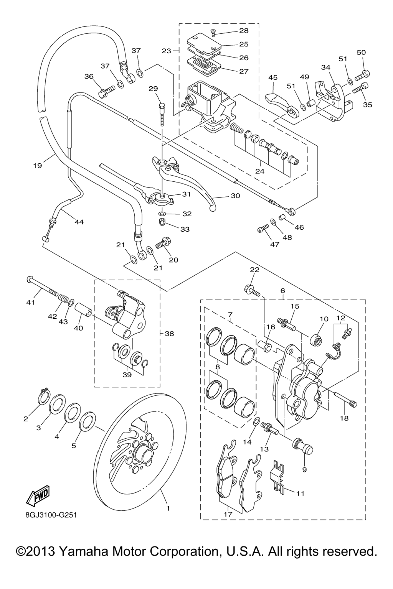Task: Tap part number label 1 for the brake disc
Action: click(167, 508)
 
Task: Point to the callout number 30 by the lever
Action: click(235, 196)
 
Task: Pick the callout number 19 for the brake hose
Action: click(37, 166)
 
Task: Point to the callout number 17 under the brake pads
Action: click(228, 514)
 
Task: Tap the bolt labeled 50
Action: click(362, 74)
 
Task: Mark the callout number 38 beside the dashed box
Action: click(169, 334)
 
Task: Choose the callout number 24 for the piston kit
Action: click(260, 171)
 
